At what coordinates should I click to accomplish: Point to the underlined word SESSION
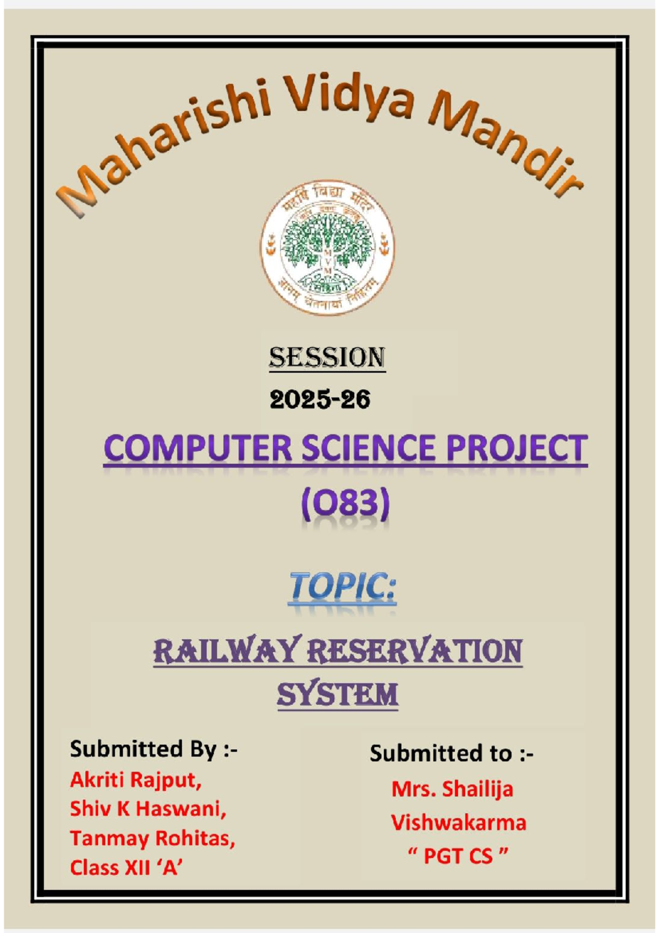pos(327,358)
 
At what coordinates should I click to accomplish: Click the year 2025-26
pos(320,399)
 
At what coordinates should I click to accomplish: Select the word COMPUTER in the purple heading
pos(198,448)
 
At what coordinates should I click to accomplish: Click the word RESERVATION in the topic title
pos(415,651)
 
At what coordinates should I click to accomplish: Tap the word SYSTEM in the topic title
pos(337,694)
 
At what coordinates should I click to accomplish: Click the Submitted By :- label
pos(153,749)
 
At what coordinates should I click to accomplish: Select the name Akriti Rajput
pos(136,780)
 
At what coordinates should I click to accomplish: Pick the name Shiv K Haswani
pos(148,809)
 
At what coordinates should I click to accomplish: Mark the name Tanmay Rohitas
pos(152,838)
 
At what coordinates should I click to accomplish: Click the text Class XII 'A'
pos(127,868)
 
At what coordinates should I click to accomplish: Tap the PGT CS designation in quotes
pos(458,857)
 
